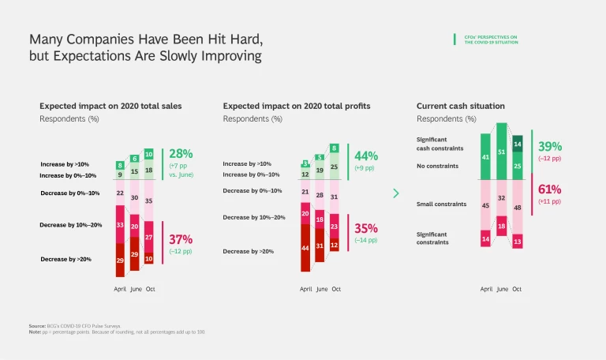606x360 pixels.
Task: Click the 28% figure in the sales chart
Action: point(181,153)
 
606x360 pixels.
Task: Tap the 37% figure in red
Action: point(181,239)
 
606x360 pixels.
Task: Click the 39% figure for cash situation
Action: point(550,146)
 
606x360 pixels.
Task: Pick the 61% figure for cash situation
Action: point(550,189)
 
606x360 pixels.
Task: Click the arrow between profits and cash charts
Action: point(396,193)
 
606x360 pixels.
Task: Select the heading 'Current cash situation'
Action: point(461,106)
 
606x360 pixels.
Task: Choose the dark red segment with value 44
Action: point(305,247)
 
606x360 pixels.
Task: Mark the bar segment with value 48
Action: point(517,208)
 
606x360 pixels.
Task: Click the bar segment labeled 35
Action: point(150,201)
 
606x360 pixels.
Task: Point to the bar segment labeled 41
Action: point(486,156)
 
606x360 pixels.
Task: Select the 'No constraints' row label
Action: point(437,167)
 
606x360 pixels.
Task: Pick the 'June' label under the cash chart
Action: point(502,289)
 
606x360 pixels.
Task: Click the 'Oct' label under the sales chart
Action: point(150,289)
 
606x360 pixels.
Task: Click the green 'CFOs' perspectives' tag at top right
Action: point(490,39)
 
